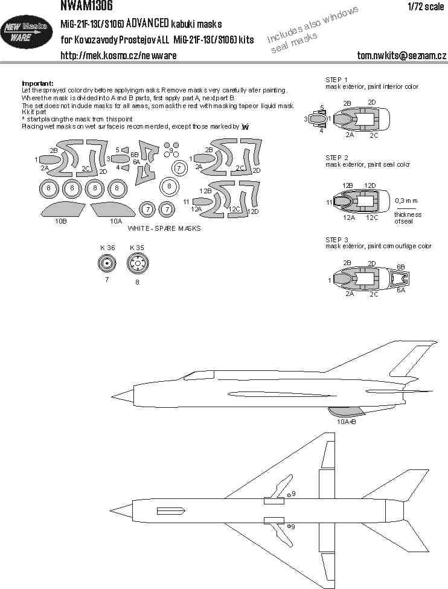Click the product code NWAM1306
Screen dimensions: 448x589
[x=86, y=5]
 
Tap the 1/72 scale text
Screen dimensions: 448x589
[x=426, y=7]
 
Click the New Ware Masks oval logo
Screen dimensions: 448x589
[x=26, y=32]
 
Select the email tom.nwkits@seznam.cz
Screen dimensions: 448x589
[x=402, y=55]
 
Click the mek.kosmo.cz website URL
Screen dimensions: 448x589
[x=119, y=56]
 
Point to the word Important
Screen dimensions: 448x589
[x=38, y=83]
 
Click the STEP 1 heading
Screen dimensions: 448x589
[x=336, y=80]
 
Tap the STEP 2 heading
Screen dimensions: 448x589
[x=337, y=158]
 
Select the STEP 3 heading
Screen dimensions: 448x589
[x=337, y=240]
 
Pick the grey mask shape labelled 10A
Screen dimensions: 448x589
[x=113, y=210]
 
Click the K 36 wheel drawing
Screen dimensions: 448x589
[x=107, y=264]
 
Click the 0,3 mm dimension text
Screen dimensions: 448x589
[x=406, y=201]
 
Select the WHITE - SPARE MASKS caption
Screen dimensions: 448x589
[x=164, y=228]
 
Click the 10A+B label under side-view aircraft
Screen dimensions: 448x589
[x=346, y=422]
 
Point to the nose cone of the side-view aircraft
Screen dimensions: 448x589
[x=123, y=396]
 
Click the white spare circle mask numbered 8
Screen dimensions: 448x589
[x=169, y=186]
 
